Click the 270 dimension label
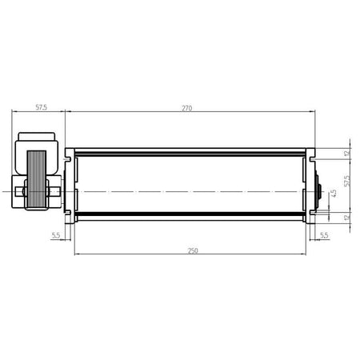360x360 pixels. tap(186, 108)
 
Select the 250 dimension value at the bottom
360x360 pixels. tap(193, 250)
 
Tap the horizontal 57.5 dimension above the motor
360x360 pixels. tap(42, 107)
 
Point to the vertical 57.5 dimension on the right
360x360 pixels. tap(346, 181)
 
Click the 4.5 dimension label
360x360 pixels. tap(334, 194)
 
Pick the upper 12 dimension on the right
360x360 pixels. tap(346, 154)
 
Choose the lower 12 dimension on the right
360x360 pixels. tap(346, 217)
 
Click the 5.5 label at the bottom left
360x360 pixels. tap(56, 235)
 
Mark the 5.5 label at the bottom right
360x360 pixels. tap(324, 235)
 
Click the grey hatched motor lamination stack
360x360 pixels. tap(37, 178)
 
